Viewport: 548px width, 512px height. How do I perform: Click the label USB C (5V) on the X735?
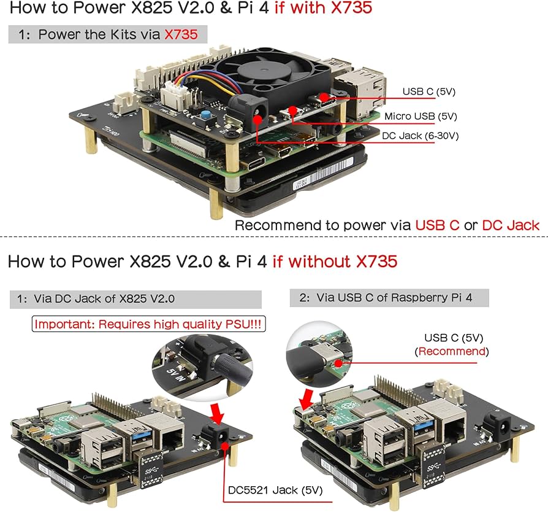428,92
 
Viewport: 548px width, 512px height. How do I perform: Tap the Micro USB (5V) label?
421,116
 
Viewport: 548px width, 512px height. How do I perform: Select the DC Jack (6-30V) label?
420,136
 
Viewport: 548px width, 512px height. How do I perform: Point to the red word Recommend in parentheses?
451,352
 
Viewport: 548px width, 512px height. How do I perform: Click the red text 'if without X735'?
335,262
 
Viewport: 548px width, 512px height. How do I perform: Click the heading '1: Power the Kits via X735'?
107,34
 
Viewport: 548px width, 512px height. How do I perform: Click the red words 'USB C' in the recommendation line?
437,225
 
